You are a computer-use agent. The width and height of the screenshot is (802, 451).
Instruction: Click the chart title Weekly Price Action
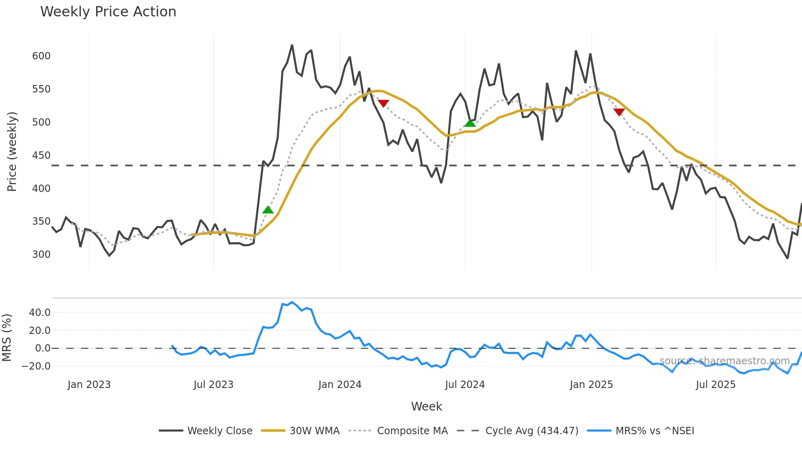[x=108, y=12]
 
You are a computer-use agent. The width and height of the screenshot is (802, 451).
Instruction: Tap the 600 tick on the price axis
[x=41, y=56]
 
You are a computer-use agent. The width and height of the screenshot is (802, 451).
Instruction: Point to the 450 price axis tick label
[x=41, y=156]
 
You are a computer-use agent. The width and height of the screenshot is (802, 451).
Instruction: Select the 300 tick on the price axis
[x=41, y=255]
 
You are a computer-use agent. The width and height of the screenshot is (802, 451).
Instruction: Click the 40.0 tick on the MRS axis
[x=40, y=313]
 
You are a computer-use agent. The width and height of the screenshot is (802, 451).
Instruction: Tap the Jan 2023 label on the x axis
[x=89, y=385]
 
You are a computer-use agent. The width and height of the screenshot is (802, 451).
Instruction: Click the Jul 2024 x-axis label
[x=465, y=385]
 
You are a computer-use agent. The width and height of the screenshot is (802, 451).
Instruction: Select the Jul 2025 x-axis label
[x=716, y=385]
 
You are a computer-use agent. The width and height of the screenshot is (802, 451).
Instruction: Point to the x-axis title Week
[x=426, y=406]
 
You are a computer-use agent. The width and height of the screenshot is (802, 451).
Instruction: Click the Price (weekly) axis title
[x=12, y=151]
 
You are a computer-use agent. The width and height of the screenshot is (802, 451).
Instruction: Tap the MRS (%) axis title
[x=7, y=338]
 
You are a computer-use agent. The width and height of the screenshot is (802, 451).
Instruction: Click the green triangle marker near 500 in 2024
[x=470, y=123]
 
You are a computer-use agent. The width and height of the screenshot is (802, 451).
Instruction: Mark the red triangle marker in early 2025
[x=619, y=112]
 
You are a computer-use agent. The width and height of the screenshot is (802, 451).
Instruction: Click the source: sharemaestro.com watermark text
[x=724, y=361]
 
